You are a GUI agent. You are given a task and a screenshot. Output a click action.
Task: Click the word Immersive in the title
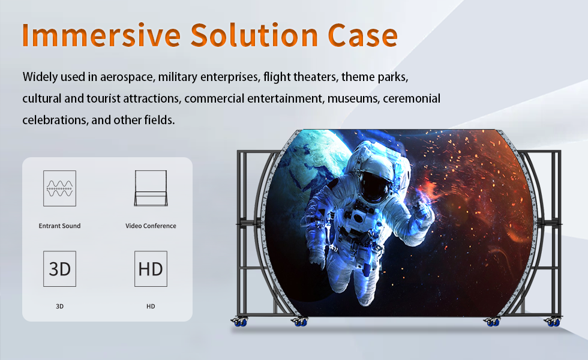click(101, 35)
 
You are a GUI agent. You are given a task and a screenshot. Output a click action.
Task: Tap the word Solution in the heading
click(254, 35)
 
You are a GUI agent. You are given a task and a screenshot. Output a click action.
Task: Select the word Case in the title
click(362, 35)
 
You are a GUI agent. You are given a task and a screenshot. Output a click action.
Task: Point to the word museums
click(353, 98)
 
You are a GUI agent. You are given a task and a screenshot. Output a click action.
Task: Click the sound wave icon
click(59, 188)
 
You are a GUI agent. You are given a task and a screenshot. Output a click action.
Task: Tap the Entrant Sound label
click(59, 226)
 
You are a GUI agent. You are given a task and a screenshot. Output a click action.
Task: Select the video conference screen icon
click(151, 188)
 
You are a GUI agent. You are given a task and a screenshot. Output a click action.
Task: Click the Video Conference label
click(151, 226)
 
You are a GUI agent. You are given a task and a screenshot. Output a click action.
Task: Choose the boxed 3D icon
click(59, 269)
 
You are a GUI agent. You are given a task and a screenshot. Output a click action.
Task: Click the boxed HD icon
click(151, 269)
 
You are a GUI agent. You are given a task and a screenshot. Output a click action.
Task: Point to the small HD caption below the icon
click(151, 307)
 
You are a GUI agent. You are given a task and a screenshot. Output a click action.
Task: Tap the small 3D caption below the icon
click(59, 307)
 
